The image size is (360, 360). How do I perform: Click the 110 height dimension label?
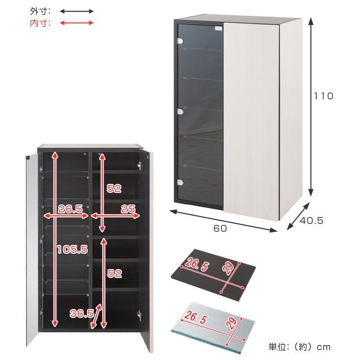324,96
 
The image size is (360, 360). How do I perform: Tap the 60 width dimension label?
220,229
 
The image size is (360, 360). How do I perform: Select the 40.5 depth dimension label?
312,221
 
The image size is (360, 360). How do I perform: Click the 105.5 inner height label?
73,249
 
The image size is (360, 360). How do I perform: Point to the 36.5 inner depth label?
82,313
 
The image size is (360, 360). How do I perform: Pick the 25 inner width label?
128,209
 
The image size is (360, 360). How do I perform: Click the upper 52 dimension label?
114,188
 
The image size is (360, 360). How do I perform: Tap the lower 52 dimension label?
115,273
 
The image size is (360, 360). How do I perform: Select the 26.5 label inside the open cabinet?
70,209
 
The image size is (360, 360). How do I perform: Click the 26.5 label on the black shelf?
197,264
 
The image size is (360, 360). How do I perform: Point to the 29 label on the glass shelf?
231,322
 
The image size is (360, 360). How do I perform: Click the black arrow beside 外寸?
77,11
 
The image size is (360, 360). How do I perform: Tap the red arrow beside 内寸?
77,23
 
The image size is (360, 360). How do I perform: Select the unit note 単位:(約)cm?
300,347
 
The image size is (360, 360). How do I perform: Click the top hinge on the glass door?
180,42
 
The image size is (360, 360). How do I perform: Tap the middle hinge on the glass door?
180,112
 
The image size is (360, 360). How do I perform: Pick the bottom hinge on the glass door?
180,182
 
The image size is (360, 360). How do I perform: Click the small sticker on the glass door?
219,28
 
